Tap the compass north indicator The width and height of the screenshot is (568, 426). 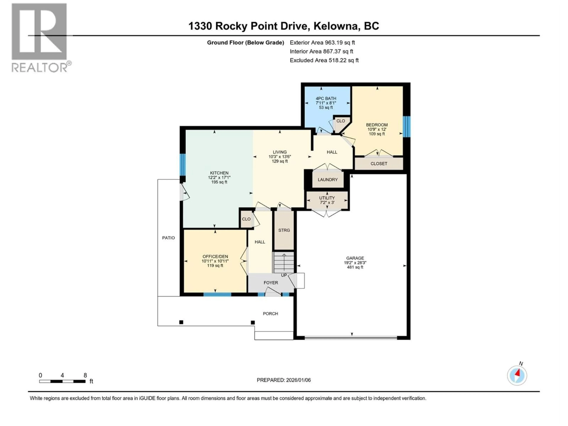click(x=517, y=375)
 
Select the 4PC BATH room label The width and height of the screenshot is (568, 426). click(x=326, y=98)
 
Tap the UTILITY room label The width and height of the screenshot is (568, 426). click(x=327, y=198)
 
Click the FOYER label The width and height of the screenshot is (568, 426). click(x=271, y=283)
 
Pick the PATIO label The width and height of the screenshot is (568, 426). click(x=168, y=238)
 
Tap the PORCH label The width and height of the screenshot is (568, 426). click(x=270, y=314)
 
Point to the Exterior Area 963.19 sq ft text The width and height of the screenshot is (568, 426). click(x=322, y=43)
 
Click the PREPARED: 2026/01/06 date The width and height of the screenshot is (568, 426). click(x=284, y=380)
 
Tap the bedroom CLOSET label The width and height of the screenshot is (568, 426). click(x=379, y=164)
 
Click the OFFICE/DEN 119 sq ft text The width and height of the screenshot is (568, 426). click(x=215, y=266)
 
